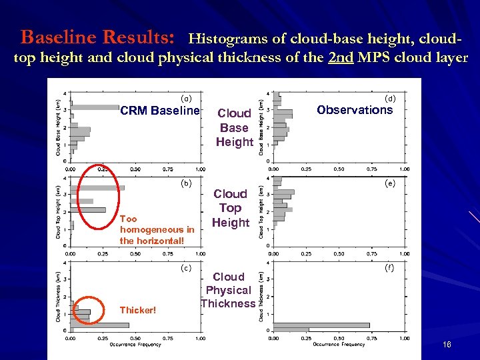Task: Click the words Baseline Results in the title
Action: point(99,35)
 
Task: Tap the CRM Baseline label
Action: point(159,111)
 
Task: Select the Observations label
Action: point(355,110)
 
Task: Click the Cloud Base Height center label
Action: point(234,127)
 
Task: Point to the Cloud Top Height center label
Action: point(230,208)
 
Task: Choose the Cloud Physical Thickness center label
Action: point(229,290)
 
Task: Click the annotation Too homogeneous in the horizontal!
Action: point(157,229)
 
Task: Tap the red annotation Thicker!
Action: point(139,310)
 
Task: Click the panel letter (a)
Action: point(187,99)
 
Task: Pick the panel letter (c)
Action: point(187,268)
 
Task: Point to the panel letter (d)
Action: point(390,99)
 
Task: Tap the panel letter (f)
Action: point(390,268)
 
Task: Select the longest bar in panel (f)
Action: point(321,325)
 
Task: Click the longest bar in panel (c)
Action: point(99,325)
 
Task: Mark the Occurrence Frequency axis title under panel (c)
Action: point(135,345)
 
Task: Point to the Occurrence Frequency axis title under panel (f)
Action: point(339,345)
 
